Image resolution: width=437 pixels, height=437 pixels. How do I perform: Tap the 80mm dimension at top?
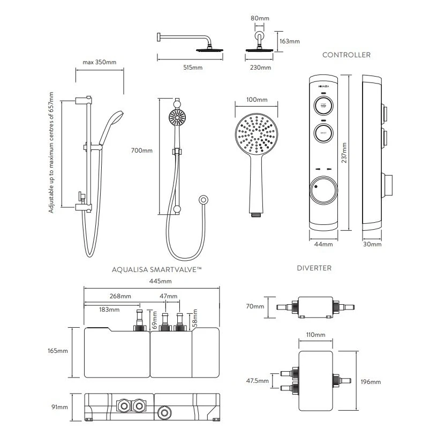pyautogui.click(x=260, y=18)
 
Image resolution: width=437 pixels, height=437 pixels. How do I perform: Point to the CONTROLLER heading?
pyautogui.click(x=346, y=55)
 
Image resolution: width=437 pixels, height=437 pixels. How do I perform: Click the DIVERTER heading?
pyautogui.click(x=314, y=268)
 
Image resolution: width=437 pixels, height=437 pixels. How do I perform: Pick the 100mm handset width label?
pyautogui.click(x=257, y=100)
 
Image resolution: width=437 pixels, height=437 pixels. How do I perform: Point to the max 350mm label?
pyautogui.click(x=100, y=62)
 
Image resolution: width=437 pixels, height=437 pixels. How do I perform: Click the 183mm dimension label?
pyautogui.click(x=109, y=309)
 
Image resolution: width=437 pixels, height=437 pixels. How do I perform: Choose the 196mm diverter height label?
pyautogui.click(x=371, y=382)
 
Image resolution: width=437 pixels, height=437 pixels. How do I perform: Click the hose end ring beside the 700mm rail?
pyautogui.click(x=203, y=200)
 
